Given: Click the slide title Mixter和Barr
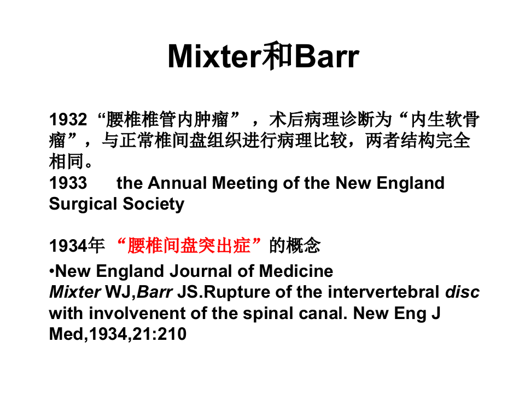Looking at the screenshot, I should (263, 56).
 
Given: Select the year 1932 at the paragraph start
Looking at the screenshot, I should (68, 120).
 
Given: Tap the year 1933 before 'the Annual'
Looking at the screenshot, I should (68, 183).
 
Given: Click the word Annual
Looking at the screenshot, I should (176, 183).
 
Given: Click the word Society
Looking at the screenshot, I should (154, 204).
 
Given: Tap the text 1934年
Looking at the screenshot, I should (77, 246).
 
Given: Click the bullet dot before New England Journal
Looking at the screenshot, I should (52, 271).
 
